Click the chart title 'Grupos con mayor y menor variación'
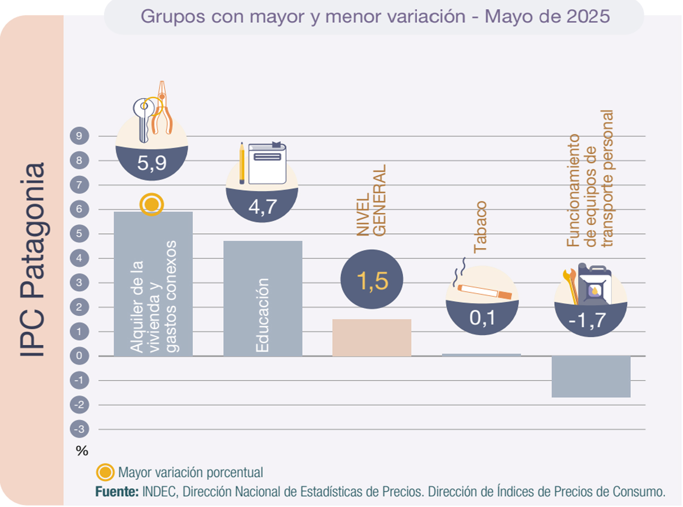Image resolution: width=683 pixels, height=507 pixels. [375, 17]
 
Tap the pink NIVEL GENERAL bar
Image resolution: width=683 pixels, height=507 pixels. [371, 337]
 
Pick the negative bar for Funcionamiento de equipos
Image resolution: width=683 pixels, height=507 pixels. [590, 377]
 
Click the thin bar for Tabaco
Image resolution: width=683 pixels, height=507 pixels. [481, 355]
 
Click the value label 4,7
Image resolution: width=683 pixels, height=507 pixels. [262, 207]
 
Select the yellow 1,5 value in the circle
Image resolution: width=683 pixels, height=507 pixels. [372, 280]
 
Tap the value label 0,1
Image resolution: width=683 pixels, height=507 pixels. [482, 318]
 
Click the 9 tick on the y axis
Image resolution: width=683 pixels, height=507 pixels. [79, 136]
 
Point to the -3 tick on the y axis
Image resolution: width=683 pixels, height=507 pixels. [79, 429]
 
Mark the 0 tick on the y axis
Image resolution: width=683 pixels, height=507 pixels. [79, 356]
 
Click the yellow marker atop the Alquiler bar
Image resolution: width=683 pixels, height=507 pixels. [151, 204]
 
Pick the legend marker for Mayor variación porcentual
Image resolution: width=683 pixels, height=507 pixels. [105, 473]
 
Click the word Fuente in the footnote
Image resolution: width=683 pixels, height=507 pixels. [117, 492]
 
